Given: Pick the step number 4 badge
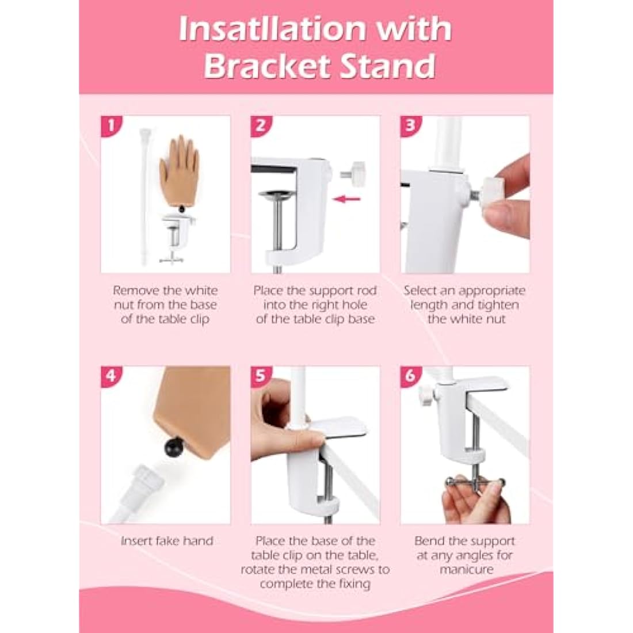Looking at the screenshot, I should coord(111,376).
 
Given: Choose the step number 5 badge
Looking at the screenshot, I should coord(261,376).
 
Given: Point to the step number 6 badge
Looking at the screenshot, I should coord(410,376).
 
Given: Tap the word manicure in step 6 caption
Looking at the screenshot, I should coord(466,570).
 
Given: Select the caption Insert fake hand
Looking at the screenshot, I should coord(166,541).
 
